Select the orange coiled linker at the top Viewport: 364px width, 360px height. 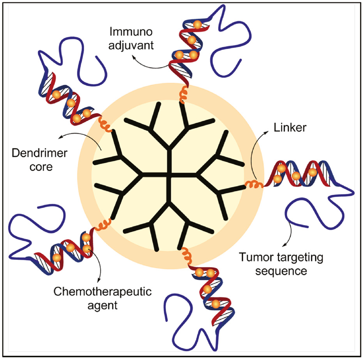coord(182,94)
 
